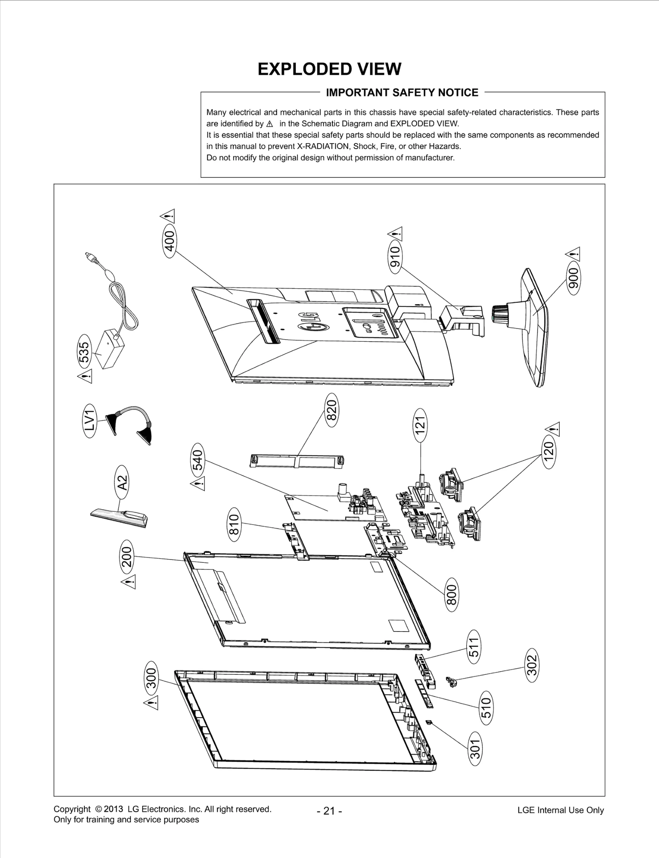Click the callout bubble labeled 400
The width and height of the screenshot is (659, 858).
point(170,241)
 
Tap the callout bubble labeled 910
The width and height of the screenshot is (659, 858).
point(395,256)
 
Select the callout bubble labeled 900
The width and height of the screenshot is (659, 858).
point(573,278)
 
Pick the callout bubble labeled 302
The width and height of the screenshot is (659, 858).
point(532,665)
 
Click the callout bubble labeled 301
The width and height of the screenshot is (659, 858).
point(475,748)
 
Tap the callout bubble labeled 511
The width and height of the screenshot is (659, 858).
point(474,647)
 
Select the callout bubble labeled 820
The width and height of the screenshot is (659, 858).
point(332,410)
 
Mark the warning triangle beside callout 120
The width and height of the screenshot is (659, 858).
point(554,429)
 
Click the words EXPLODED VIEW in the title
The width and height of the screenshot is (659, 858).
point(329,69)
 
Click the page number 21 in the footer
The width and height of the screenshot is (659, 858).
point(329,811)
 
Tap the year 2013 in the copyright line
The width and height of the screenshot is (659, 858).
point(114,809)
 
